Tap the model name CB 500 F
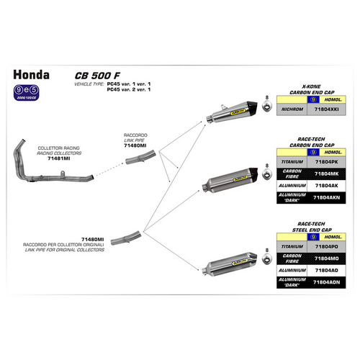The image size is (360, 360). tap(93, 75)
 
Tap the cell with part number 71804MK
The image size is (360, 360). tap(322, 174)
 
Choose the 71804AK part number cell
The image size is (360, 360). tap(322, 185)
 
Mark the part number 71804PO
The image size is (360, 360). tap(322, 246)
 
